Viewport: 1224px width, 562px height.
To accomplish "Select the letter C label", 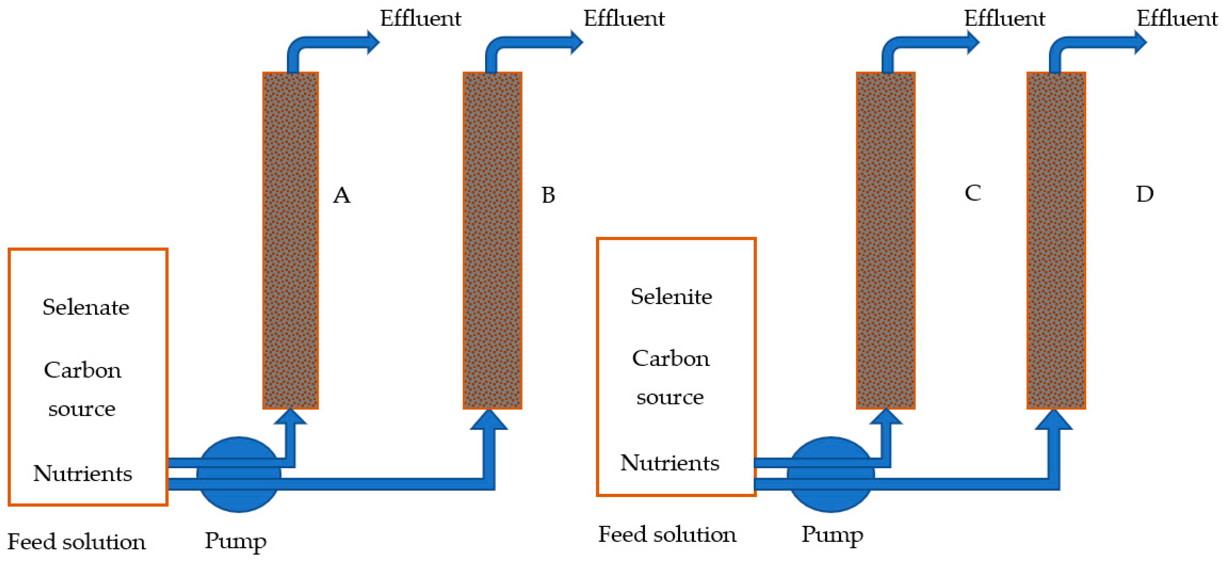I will [973, 193].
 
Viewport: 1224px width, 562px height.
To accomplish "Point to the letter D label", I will [1145, 194].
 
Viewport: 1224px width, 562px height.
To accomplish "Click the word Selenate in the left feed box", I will [86, 307].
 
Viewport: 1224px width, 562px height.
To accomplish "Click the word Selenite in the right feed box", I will [671, 297].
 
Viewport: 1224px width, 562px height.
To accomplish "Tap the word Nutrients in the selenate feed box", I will [83, 473].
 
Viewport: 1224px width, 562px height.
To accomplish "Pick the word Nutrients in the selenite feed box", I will [670, 463].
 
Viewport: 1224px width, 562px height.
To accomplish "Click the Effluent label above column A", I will [420, 19].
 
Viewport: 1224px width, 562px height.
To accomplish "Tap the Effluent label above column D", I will [1177, 19].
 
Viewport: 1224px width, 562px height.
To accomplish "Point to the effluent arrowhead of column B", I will [576, 42].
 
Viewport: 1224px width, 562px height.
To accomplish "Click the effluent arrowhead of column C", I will [972, 42].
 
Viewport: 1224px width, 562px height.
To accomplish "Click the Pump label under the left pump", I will [235, 541].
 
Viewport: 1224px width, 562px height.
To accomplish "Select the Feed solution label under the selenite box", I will [667, 534].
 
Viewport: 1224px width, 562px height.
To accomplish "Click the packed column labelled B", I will [492, 240].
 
